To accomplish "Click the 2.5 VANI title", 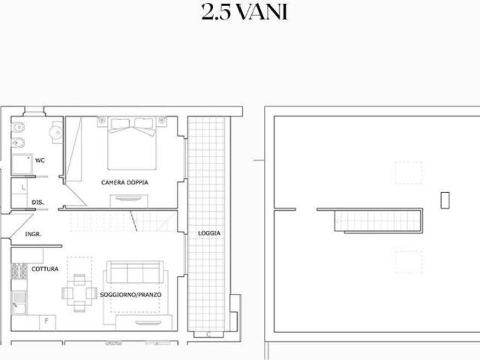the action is (244, 13).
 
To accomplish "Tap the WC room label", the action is (40, 160).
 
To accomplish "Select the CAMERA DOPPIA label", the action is (124, 182).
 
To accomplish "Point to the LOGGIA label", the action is (209, 233).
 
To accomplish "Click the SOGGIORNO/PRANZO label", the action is (130, 295).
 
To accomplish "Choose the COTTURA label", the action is (45, 268).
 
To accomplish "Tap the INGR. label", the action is (33, 234).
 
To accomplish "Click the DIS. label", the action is (37, 202).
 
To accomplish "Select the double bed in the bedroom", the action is (132, 143).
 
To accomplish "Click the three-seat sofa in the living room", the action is (135, 272).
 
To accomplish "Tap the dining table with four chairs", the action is (79, 293).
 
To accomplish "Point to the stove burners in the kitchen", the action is (19, 271).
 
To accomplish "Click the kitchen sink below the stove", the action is (19, 303).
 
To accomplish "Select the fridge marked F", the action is (47, 322).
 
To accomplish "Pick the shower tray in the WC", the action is (22, 164).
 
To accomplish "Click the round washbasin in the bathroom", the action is (56, 132).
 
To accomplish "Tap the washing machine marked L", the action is (19, 187).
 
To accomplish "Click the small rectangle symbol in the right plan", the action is (445, 200).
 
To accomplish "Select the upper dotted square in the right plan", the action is (408, 173).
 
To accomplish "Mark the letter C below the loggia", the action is (208, 334).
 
